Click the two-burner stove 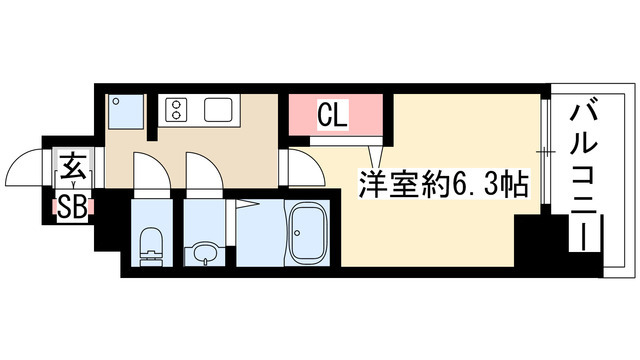click(x=177, y=107)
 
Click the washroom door click(x=200, y=176)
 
